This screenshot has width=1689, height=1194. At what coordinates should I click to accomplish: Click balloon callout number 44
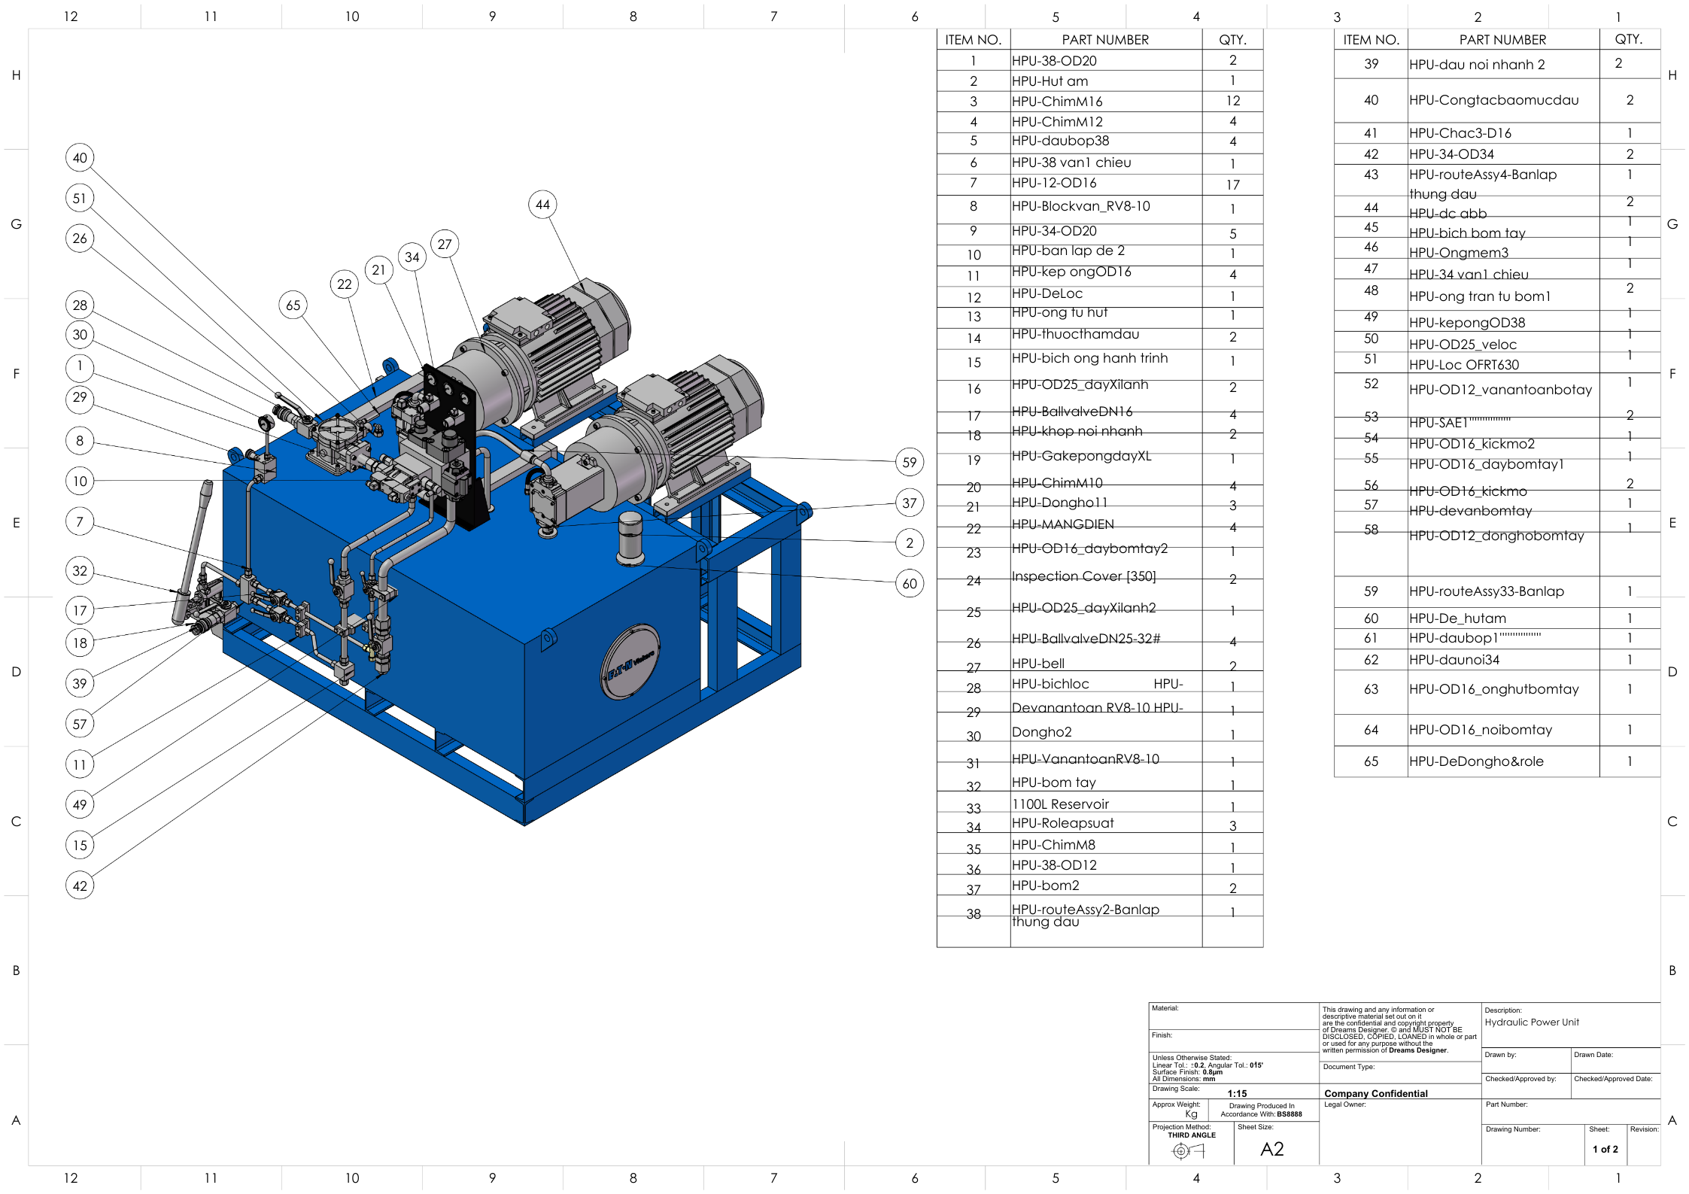click(542, 205)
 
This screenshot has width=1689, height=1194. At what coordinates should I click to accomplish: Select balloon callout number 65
click(293, 305)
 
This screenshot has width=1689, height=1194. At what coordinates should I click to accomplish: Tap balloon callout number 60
click(910, 583)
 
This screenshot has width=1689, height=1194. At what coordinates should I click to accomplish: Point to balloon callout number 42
click(80, 886)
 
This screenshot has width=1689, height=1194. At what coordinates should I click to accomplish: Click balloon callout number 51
click(80, 199)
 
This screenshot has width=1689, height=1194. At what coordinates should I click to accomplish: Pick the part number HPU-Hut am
click(1050, 81)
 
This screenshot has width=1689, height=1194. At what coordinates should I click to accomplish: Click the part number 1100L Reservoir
click(1060, 804)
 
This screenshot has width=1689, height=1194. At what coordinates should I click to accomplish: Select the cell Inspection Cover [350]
click(1083, 576)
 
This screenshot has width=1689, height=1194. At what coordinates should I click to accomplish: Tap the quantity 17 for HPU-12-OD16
click(1232, 184)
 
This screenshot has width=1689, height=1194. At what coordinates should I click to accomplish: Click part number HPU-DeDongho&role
click(1475, 761)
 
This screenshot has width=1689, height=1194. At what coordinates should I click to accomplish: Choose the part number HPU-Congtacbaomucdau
click(1493, 100)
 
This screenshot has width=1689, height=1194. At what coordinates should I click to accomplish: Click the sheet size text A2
click(1271, 1149)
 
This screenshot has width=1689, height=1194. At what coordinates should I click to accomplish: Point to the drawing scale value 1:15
click(1237, 1093)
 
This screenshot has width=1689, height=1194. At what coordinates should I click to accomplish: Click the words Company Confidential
click(1375, 1093)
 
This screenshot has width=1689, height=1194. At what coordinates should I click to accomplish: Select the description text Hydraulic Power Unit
click(1531, 1022)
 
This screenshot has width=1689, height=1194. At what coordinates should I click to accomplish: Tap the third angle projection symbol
click(1188, 1150)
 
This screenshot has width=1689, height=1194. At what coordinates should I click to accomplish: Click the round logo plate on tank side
click(630, 661)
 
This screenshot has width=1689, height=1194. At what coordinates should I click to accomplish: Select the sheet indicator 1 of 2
click(1605, 1150)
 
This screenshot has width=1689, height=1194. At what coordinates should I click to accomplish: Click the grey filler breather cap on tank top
click(630, 536)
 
